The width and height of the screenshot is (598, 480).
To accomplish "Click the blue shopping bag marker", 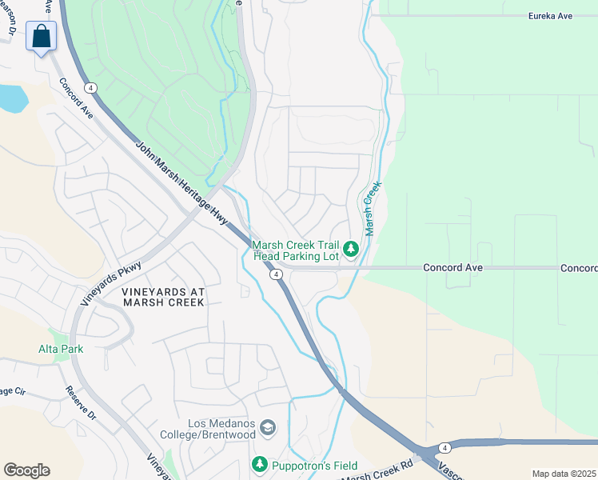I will pyautogui.click(x=41, y=37).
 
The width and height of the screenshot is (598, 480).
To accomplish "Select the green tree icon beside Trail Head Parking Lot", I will pyautogui.click(x=350, y=250).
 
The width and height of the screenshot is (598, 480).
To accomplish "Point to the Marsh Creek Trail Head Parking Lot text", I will pyautogui.click(x=296, y=250).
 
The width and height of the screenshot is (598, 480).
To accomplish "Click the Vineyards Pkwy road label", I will pyautogui.click(x=111, y=285).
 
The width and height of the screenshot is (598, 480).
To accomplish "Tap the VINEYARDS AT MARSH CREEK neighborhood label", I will pyautogui.click(x=163, y=298).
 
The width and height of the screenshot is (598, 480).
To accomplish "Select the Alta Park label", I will pyautogui.click(x=61, y=349).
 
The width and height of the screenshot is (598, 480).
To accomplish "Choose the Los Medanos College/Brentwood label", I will pyautogui.click(x=221, y=430).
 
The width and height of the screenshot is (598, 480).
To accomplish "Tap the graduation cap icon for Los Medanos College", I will pyautogui.click(x=268, y=430).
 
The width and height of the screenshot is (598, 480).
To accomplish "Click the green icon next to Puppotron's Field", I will pyautogui.click(x=259, y=464).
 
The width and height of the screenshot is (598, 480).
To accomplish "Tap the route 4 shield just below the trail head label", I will pyautogui.click(x=276, y=274).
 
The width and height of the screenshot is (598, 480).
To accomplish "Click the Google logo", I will pyautogui.click(x=26, y=470).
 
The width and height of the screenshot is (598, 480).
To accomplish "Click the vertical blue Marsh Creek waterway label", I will pyautogui.click(x=372, y=208).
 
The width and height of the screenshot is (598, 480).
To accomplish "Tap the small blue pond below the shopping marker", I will pyautogui.click(x=12, y=98).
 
